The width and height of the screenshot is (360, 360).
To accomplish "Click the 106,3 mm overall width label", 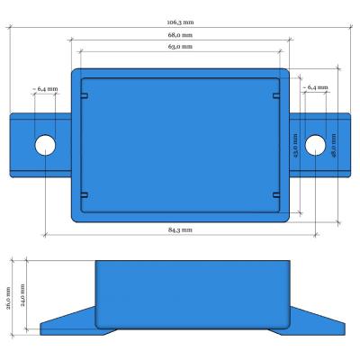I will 180,22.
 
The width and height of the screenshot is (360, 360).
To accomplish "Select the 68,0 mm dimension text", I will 180,35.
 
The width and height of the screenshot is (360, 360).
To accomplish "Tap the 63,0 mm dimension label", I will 180,46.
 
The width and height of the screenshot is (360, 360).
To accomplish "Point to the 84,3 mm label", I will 180,230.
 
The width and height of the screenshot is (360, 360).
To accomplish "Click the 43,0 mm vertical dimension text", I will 295,145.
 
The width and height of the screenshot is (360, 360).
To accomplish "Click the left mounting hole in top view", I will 45,145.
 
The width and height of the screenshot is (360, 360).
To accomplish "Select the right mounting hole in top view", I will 315,145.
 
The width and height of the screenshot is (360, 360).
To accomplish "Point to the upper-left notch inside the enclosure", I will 84,96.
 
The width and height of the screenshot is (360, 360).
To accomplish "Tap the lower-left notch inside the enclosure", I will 84,194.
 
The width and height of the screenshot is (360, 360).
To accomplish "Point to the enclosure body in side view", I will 193,292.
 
